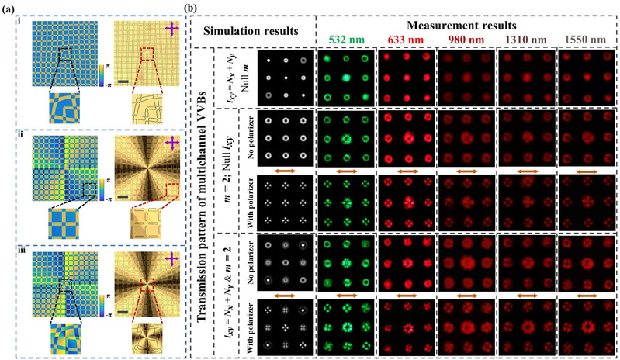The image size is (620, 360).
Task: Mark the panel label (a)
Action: (x=11, y=7)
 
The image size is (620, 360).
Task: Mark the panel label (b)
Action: (x=194, y=7)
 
